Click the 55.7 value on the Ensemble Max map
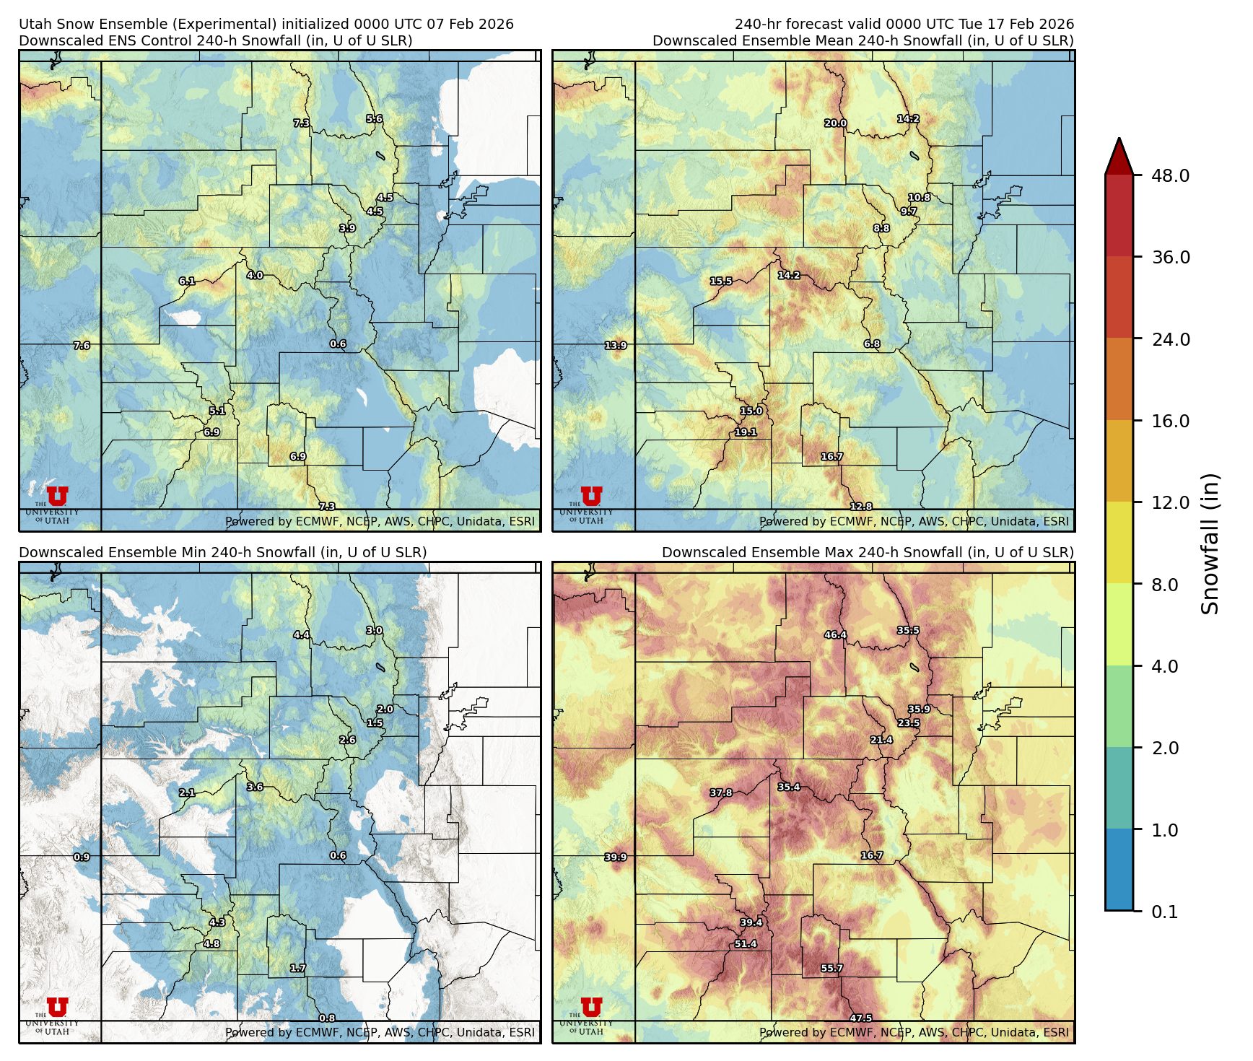pos(831,968)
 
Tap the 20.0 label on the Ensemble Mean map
pos(835,123)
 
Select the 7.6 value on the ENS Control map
pos(82,346)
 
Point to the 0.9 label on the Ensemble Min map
pos(82,857)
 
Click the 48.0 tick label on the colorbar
pos(1170,175)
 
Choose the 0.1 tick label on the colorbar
pos(1164,912)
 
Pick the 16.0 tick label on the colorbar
pos(1170,421)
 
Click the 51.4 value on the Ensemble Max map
pos(746,943)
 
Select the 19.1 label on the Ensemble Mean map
pos(746,432)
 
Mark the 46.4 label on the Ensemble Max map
pos(835,635)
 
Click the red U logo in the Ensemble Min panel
pos(57,1007)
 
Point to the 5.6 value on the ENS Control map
pos(374,119)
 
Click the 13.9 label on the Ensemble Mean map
pos(616,346)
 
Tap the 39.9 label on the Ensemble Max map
pos(616,857)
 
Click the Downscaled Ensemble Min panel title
pos(222,552)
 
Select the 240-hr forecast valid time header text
pos(904,25)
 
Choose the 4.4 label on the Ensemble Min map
pos(301,635)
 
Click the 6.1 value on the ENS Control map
pos(187,281)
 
